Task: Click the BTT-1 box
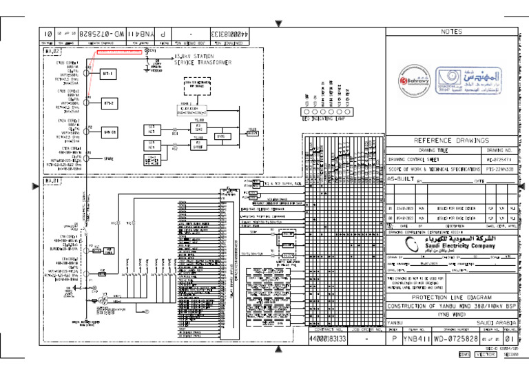click(x=107, y=73)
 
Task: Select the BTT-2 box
click(x=107, y=103)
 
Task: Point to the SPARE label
click(x=107, y=158)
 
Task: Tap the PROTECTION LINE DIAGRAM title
click(x=451, y=298)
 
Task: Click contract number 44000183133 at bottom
click(x=327, y=339)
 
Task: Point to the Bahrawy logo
click(x=411, y=78)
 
